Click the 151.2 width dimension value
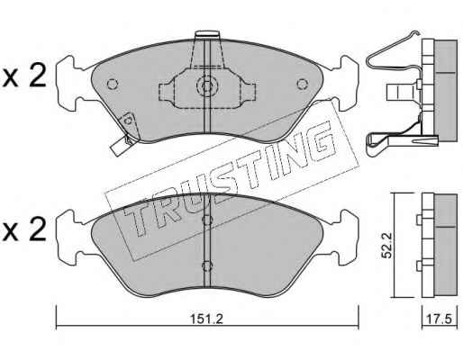click(207, 319)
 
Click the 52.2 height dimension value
click(387, 246)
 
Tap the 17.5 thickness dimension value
click(440, 319)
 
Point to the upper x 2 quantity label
click(23, 76)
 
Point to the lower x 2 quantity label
click(23, 229)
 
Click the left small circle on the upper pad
click(113, 84)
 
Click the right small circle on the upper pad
click(302, 84)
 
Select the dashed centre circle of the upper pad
click(207, 86)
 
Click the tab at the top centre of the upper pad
click(207, 34)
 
